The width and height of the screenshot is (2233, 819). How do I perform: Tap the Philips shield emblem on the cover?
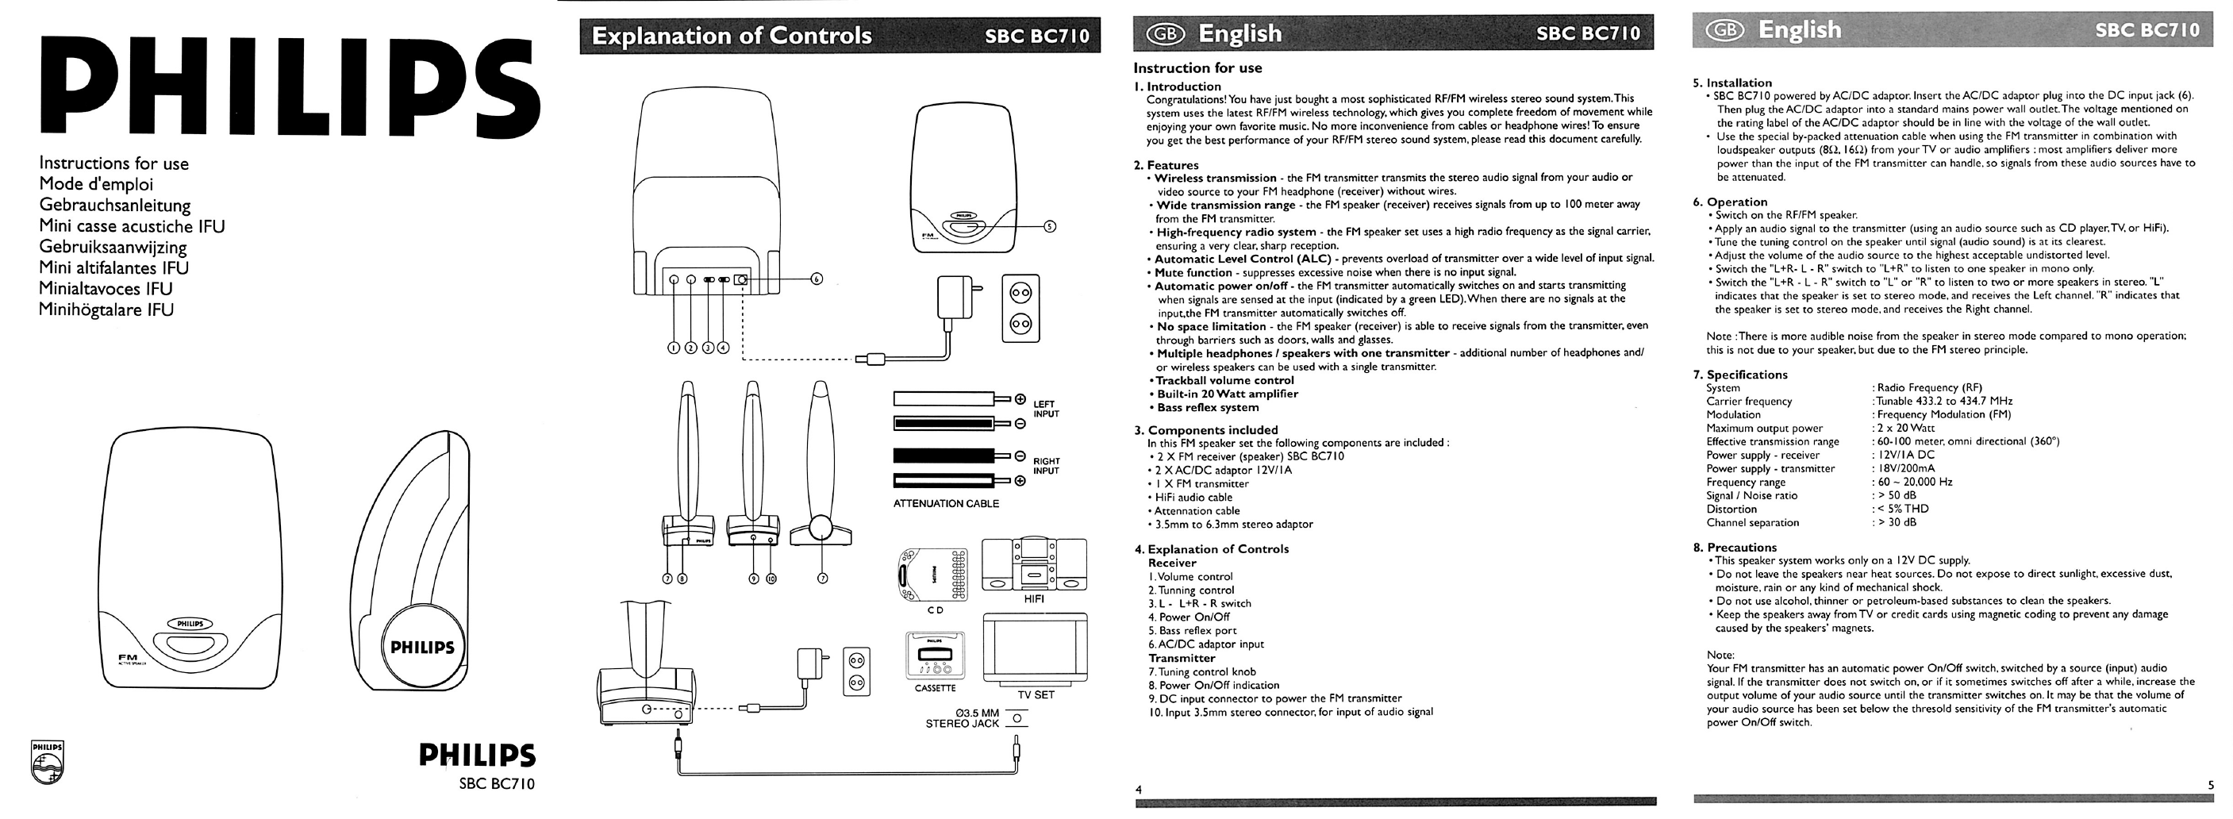[47, 762]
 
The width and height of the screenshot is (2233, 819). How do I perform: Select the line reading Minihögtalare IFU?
[106, 310]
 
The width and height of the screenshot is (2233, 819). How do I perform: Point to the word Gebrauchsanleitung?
[114, 206]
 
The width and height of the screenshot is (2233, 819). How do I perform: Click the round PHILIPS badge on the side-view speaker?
[421, 648]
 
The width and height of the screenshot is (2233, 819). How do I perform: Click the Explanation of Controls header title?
[732, 36]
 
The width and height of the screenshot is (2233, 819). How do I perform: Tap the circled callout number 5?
[1050, 227]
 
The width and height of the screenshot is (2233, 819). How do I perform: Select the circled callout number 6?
[816, 279]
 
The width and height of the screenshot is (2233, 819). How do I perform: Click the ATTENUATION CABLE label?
[946, 503]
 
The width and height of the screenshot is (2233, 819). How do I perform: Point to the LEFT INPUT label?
[1045, 409]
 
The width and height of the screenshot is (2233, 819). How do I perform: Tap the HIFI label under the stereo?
[1033, 599]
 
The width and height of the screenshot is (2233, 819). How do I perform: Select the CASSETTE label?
[935, 688]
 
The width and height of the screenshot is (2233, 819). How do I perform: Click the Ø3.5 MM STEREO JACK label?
[963, 718]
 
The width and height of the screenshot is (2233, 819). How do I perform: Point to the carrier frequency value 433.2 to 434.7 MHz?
[1944, 402]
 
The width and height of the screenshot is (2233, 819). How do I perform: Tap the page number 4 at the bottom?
[1139, 790]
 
